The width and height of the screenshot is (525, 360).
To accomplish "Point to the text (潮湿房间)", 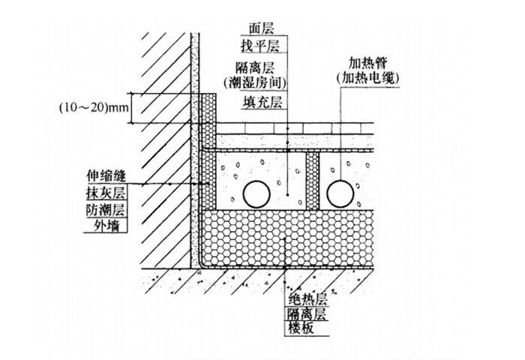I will (x=262, y=80).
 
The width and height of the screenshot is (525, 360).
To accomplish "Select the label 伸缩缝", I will (x=106, y=177).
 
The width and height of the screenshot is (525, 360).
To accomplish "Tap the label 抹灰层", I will (x=106, y=193).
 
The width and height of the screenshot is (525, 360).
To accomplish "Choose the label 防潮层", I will (x=106, y=210).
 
